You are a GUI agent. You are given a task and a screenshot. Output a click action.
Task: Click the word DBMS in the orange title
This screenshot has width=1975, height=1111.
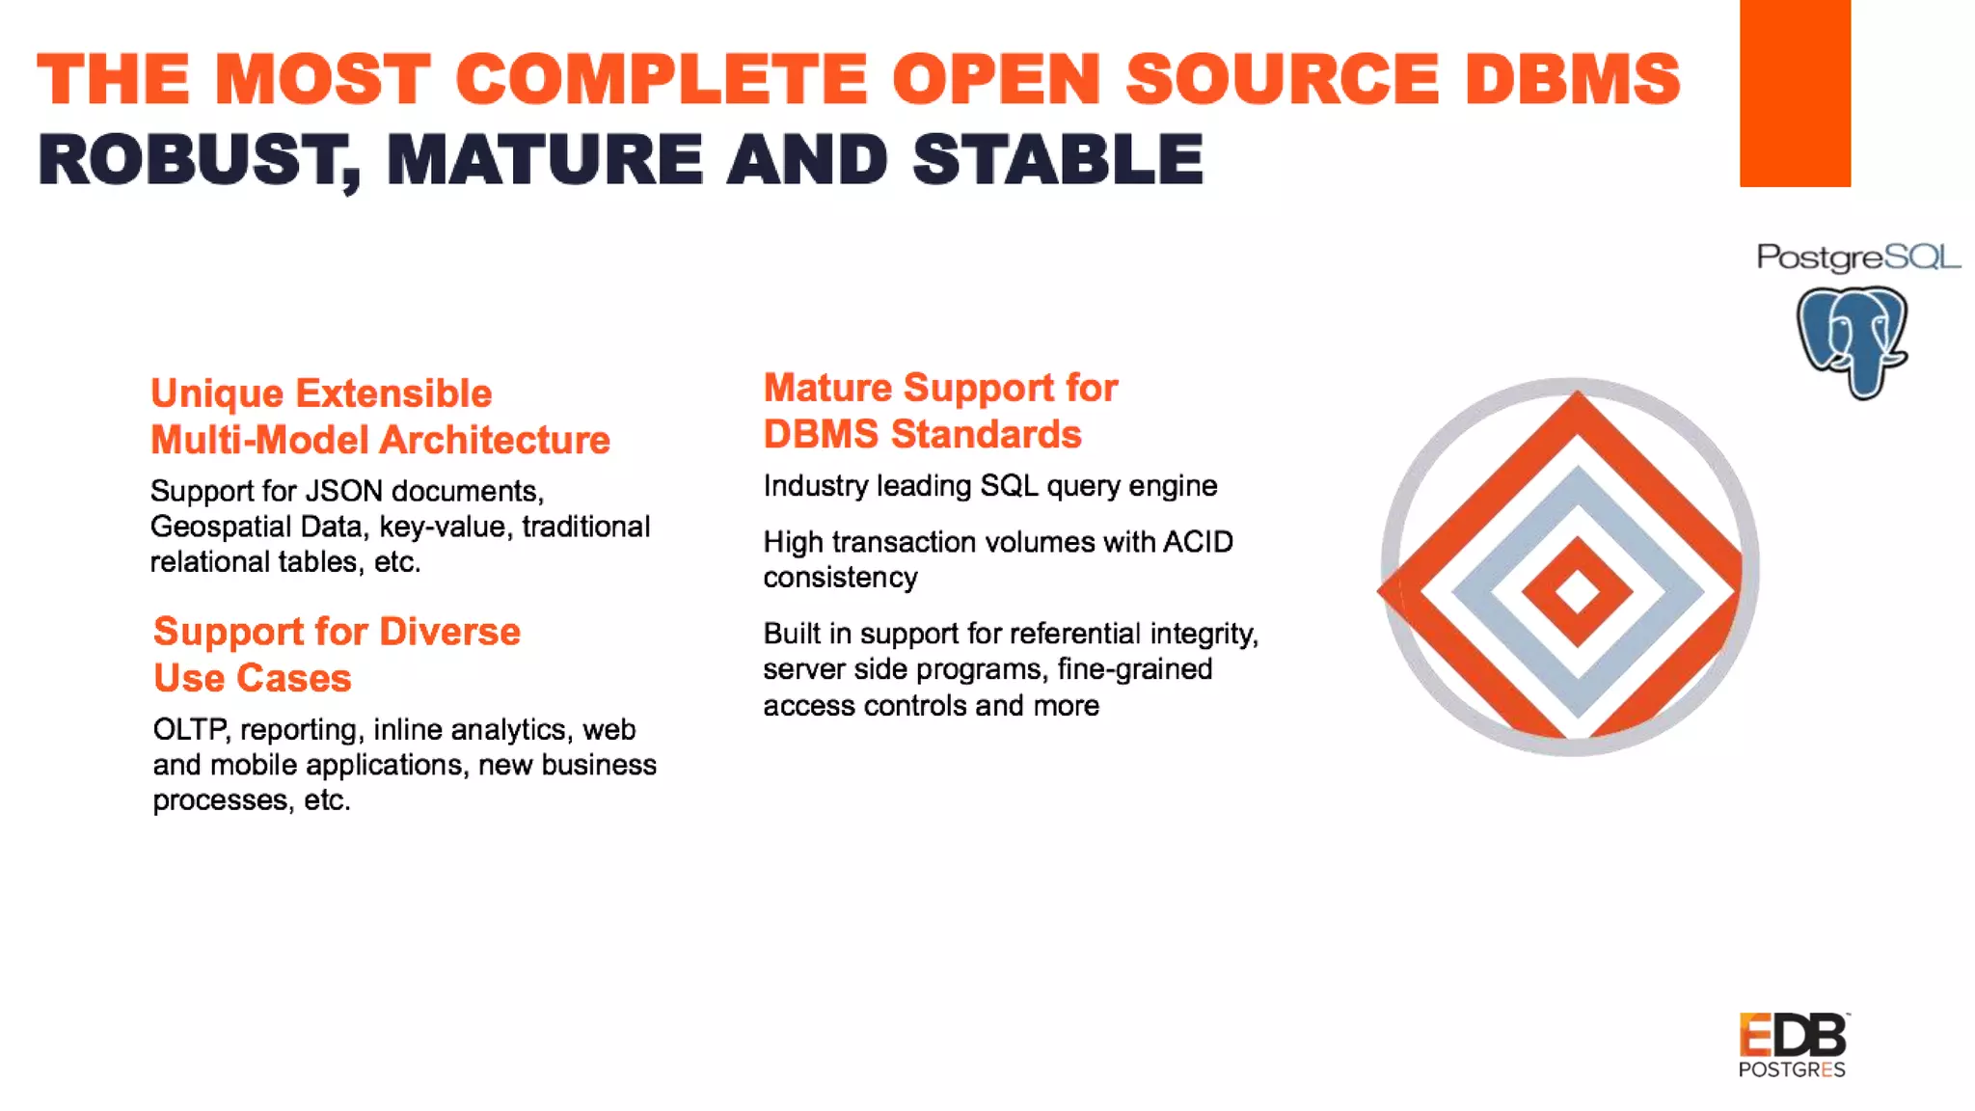1572,79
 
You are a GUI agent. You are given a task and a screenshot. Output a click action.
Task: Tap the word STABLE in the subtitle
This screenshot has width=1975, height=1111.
1058,160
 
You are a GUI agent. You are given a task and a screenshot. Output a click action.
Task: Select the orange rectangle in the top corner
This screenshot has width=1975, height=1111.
1795,93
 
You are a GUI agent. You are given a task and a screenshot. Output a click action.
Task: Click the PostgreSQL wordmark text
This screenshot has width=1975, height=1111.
1857,257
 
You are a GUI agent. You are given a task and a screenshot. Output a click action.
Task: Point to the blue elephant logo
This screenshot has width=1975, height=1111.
1852,341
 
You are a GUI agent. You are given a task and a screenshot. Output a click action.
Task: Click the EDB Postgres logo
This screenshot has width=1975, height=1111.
1793,1044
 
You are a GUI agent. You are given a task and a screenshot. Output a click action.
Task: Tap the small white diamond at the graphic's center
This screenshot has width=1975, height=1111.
1577,591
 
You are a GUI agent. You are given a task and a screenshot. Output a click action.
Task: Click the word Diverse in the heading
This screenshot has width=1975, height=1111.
449,632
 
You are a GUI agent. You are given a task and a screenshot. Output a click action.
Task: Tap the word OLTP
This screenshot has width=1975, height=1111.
191,729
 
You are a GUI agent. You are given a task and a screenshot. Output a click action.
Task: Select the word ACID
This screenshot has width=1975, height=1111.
1198,542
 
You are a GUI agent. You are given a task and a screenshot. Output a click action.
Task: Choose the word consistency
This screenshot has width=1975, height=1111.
840,578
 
